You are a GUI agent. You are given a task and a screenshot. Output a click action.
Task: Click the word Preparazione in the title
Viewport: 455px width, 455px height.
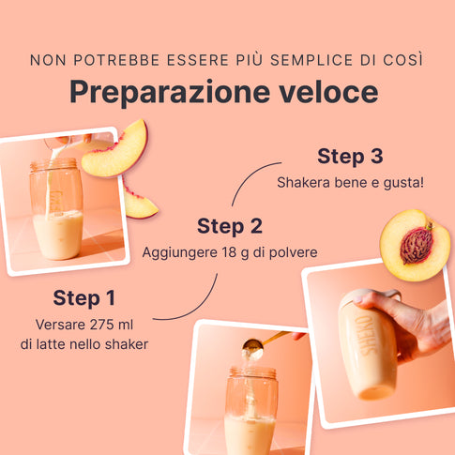(170, 92)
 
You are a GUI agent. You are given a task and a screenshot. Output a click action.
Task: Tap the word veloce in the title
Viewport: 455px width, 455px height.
(328, 92)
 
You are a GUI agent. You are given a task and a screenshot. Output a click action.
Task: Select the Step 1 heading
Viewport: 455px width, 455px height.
(84, 297)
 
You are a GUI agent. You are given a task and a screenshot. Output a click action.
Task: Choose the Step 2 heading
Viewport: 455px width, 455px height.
(230, 226)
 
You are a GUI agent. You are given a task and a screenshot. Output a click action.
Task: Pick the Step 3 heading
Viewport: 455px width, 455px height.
(350, 156)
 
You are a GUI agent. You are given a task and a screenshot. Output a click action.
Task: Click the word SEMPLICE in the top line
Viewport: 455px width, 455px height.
(311, 60)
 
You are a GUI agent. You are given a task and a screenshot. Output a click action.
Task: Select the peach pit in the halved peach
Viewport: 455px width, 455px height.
(417, 245)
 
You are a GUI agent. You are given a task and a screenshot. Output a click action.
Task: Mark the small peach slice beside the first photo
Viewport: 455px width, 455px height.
(139, 202)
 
